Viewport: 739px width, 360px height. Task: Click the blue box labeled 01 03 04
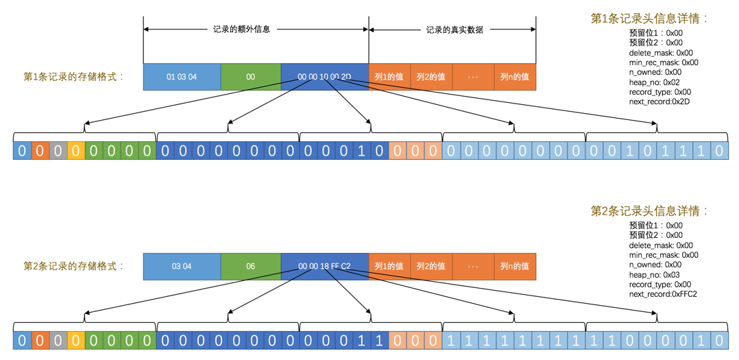[x=182, y=77]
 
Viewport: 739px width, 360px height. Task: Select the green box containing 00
[x=250, y=77]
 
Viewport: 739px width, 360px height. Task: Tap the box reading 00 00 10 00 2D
[x=324, y=77]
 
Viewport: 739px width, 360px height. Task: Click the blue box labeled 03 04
[x=182, y=266]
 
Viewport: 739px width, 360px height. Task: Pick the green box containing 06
[x=250, y=266]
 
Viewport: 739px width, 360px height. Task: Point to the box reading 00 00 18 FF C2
[x=324, y=266]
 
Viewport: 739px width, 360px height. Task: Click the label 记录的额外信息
[x=241, y=29]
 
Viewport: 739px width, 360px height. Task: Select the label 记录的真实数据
[x=455, y=29]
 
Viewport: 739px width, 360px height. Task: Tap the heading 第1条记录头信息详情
[x=649, y=19]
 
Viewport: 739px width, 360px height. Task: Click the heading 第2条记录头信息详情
[x=649, y=211]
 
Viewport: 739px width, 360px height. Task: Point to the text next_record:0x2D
[x=659, y=101]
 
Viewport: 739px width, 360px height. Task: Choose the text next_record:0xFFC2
[x=663, y=294]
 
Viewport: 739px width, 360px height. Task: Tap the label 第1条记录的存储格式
[x=74, y=77]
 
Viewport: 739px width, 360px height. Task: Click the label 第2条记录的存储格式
[x=74, y=266]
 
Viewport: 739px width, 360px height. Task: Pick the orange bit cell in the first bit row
[x=40, y=151]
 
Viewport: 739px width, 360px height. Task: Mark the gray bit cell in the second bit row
[x=58, y=339]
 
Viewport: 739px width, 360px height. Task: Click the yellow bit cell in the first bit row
[x=75, y=151]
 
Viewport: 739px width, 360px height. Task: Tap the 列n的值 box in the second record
[x=514, y=266]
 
